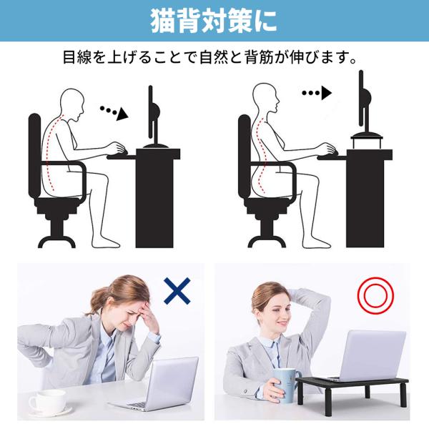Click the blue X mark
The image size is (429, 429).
tap(177, 291)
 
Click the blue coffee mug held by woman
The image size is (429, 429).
tap(286, 385)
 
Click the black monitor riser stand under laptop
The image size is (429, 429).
tap(352, 390)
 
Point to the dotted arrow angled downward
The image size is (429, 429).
tap(114, 112)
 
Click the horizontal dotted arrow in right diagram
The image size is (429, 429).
tap(317, 93)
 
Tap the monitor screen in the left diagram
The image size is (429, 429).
tap(150, 112)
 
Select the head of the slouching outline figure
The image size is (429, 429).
tap(71, 104)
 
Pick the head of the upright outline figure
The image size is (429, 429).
tap(265, 98)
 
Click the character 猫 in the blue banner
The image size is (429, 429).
tap(163, 21)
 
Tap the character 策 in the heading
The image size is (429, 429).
tap(239, 21)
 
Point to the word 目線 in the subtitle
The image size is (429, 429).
tap(78, 57)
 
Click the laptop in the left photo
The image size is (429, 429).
tap(157, 385)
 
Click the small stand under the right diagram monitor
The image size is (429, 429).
tap(367, 140)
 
